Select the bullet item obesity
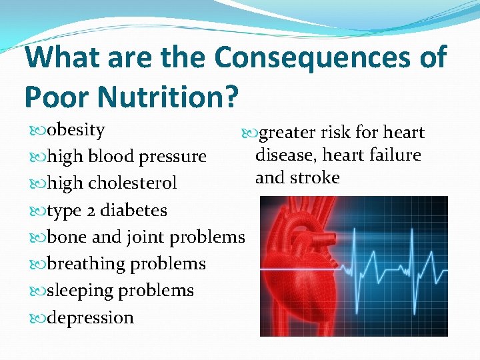76,129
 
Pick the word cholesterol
133,183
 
